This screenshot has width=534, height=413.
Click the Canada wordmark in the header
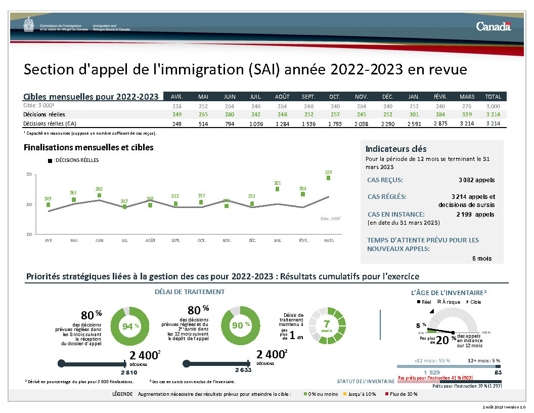click(x=493, y=26)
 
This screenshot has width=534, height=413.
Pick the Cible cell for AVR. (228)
click(x=176, y=106)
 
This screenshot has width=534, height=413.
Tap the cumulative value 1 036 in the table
click(x=255, y=123)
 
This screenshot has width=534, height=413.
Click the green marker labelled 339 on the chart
click(x=328, y=178)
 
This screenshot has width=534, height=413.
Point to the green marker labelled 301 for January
click(x=277, y=189)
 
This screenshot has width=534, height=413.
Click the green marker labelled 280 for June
click(x=99, y=195)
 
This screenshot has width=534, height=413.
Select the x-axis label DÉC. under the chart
click(x=252, y=240)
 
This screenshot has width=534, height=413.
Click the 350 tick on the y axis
click(x=29, y=175)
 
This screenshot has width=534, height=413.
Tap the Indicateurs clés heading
click(x=396, y=149)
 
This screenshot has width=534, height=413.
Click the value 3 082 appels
click(x=476, y=180)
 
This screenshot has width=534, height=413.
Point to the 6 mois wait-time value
click(x=481, y=258)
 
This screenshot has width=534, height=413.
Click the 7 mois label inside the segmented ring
click(x=327, y=326)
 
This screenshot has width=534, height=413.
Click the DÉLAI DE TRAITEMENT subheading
click(x=189, y=292)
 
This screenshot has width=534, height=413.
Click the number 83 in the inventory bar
click(x=498, y=373)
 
